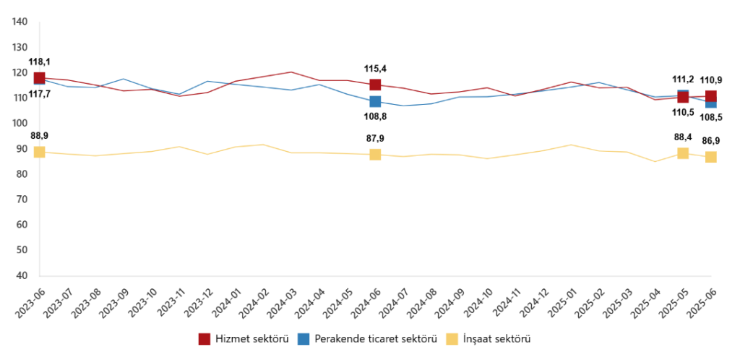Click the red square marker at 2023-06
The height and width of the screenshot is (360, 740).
click(39, 78)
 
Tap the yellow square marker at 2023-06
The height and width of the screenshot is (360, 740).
click(39, 152)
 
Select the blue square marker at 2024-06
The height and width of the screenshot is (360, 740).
click(375, 101)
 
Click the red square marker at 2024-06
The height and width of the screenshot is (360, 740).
click(375, 85)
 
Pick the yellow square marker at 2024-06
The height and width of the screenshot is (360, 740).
click(375, 154)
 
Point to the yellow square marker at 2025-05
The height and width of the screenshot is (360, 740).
click(683, 153)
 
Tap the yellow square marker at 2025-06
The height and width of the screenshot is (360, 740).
click(711, 157)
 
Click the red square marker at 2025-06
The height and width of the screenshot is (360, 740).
click(711, 96)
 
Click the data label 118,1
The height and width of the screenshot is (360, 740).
click(39, 62)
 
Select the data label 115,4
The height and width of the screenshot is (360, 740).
click(375, 69)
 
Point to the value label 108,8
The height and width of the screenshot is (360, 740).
click(375, 116)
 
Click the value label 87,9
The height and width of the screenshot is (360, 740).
click(375, 138)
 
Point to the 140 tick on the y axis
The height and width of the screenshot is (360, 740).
click(20, 22)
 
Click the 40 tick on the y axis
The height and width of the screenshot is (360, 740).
click(22, 275)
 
